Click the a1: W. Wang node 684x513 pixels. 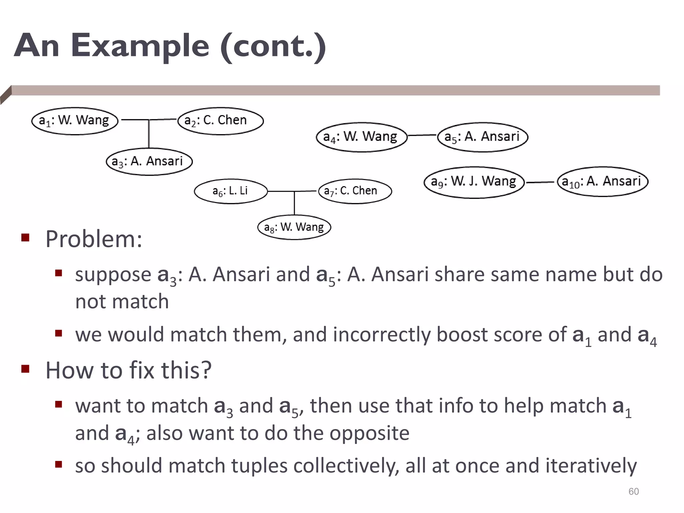point(74,121)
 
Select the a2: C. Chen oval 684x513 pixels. point(220,121)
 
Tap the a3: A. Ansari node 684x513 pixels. point(149,162)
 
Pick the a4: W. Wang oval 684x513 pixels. point(361,137)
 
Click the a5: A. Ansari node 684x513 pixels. point(483,137)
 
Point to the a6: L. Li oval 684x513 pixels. point(231,191)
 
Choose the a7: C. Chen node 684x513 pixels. point(355,191)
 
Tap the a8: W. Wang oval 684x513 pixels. point(294,227)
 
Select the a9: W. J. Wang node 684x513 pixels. point(474,182)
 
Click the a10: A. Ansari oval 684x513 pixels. point(603,182)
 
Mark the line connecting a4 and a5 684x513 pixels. point(422,135)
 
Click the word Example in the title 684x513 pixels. point(140,46)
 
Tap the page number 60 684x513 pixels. point(633,491)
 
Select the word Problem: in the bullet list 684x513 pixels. point(94,239)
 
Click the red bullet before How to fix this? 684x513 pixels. point(25,369)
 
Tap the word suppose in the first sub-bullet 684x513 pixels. point(113,275)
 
